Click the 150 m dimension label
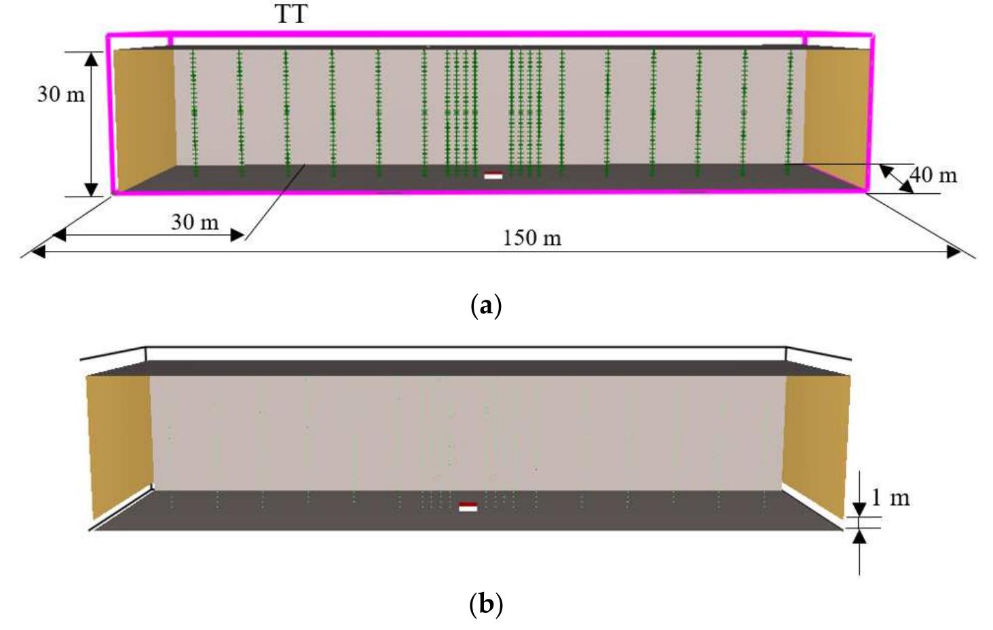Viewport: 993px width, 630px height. [x=532, y=238]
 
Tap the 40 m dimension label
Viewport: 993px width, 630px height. [x=933, y=176]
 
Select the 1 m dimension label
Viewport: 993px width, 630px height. [x=891, y=498]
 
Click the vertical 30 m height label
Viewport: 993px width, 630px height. [x=60, y=94]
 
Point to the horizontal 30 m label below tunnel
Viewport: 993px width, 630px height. [x=195, y=222]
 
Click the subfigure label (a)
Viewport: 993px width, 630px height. [x=486, y=306]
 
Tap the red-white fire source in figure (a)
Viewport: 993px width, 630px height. [x=493, y=176]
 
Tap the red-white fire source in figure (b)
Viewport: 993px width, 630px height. [x=468, y=507]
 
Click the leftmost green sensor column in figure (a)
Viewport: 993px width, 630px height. [x=194, y=113]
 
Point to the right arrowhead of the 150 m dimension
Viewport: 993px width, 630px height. [x=954, y=252]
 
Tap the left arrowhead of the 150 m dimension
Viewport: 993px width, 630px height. [x=38, y=252]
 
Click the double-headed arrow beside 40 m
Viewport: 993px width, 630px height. [x=897, y=178]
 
